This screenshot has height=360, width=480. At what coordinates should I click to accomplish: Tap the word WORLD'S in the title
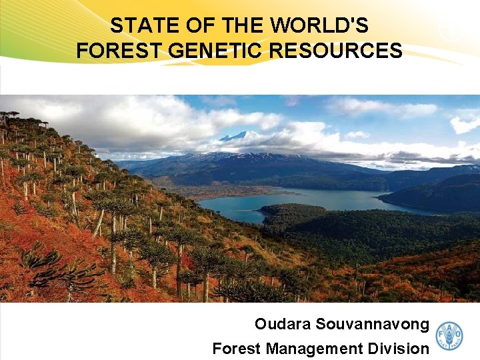pos(320,26)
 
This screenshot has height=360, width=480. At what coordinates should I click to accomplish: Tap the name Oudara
pos(283,325)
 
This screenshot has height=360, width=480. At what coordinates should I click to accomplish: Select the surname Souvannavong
pos(373,325)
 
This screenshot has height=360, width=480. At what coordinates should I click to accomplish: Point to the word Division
pos(399,348)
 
